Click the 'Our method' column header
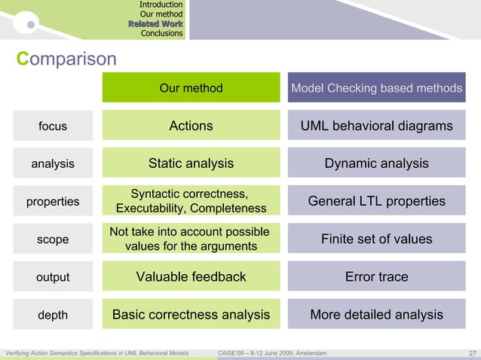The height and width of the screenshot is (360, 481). (x=191, y=88)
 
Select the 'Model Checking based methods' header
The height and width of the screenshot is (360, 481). (x=376, y=88)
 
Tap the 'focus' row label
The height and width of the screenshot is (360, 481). (x=53, y=127)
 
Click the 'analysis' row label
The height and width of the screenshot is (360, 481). (x=53, y=163)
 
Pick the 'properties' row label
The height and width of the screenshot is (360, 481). (x=53, y=201)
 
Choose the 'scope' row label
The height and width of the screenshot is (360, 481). (x=53, y=239)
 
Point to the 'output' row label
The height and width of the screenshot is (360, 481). (x=53, y=277)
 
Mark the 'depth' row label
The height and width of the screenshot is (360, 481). (x=53, y=315)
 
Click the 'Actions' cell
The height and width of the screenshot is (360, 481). (x=191, y=126)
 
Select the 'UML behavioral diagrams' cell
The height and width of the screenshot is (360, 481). (x=376, y=126)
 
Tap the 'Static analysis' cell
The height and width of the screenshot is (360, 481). (x=191, y=163)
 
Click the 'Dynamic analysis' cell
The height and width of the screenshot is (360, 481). (x=376, y=163)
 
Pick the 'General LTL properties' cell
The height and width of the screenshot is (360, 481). (x=376, y=201)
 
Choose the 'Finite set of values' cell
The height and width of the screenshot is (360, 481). (x=376, y=239)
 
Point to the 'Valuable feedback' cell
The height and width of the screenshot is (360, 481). (x=191, y=276)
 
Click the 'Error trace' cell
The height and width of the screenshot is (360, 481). (x=376, y=276)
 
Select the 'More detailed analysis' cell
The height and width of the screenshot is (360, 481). (x=376, y=314)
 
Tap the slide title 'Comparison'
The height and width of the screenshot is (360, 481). (x=67, y=59)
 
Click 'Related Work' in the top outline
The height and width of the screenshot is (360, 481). (x=155, y=24)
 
